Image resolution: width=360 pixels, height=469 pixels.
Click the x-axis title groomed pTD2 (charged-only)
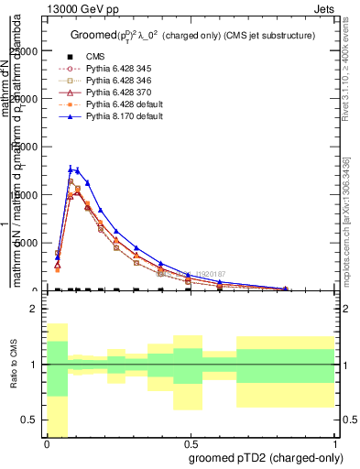tap(259, 458)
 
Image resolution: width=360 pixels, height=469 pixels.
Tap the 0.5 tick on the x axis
tap(191, 444)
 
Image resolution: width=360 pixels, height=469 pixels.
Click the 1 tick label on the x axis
tap(335, 444)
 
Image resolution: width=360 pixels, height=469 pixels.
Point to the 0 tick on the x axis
tap(47, 444)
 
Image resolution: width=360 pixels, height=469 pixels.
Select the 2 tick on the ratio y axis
tap(35, 309)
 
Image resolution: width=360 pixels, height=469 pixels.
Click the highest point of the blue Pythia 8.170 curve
tap(71, 169)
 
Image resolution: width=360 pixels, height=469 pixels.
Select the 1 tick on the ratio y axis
tap(35, 365)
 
